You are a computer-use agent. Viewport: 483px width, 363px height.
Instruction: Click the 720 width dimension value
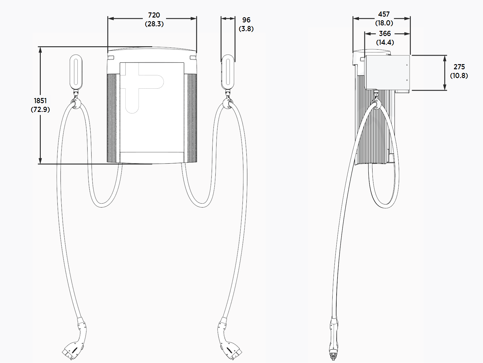[154, 15]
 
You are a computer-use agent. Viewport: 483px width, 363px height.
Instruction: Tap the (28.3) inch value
[154, 24]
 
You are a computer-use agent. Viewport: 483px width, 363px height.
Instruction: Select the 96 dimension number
[246, 20]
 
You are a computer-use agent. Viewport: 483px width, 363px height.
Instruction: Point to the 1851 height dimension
[40, 101]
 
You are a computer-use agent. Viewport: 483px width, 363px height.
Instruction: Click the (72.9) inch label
[40, 110]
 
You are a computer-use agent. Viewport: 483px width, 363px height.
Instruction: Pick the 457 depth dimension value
[384, 14]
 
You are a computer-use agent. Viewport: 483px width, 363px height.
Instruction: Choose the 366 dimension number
[385, 34]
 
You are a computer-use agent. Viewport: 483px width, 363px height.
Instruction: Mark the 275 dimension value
[459, 67]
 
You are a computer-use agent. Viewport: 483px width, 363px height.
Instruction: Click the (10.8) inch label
[459, 76]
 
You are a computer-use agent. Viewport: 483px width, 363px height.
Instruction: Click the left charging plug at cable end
[75, 342]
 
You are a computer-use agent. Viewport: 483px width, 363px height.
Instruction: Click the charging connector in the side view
[334, 342]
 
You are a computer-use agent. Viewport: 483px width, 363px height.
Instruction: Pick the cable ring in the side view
[376, 104]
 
